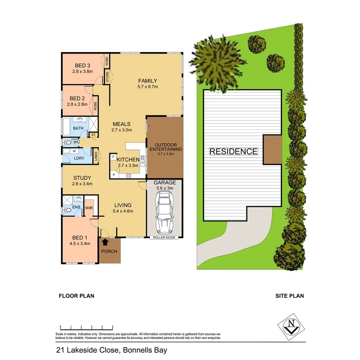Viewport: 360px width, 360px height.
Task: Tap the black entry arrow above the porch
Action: (x=105, y=242)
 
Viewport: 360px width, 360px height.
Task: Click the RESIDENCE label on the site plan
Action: (x=233, y=151)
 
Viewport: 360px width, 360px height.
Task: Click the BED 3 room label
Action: (x=83, y=65)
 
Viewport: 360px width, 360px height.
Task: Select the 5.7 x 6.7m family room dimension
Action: (x=148, y=87)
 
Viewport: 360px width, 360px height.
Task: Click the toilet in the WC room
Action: (x=68, y=143)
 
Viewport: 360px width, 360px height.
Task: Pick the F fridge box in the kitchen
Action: (x=113, y=158)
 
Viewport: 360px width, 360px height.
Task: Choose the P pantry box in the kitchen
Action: (x=114, y=175)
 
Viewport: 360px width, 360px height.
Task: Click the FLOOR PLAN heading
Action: (x=76, y=296)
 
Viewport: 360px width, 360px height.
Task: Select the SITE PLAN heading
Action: (x=289, y=296)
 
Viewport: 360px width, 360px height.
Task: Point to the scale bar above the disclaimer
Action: (x=86, y=327)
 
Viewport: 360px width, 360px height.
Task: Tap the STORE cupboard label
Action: (x=107, y=76)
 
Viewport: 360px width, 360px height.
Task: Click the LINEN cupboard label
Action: (x=96, y=157)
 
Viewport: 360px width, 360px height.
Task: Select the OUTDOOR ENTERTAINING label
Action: (x=165, y=147)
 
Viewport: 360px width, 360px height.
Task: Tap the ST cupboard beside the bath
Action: (x=93, y=135)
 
